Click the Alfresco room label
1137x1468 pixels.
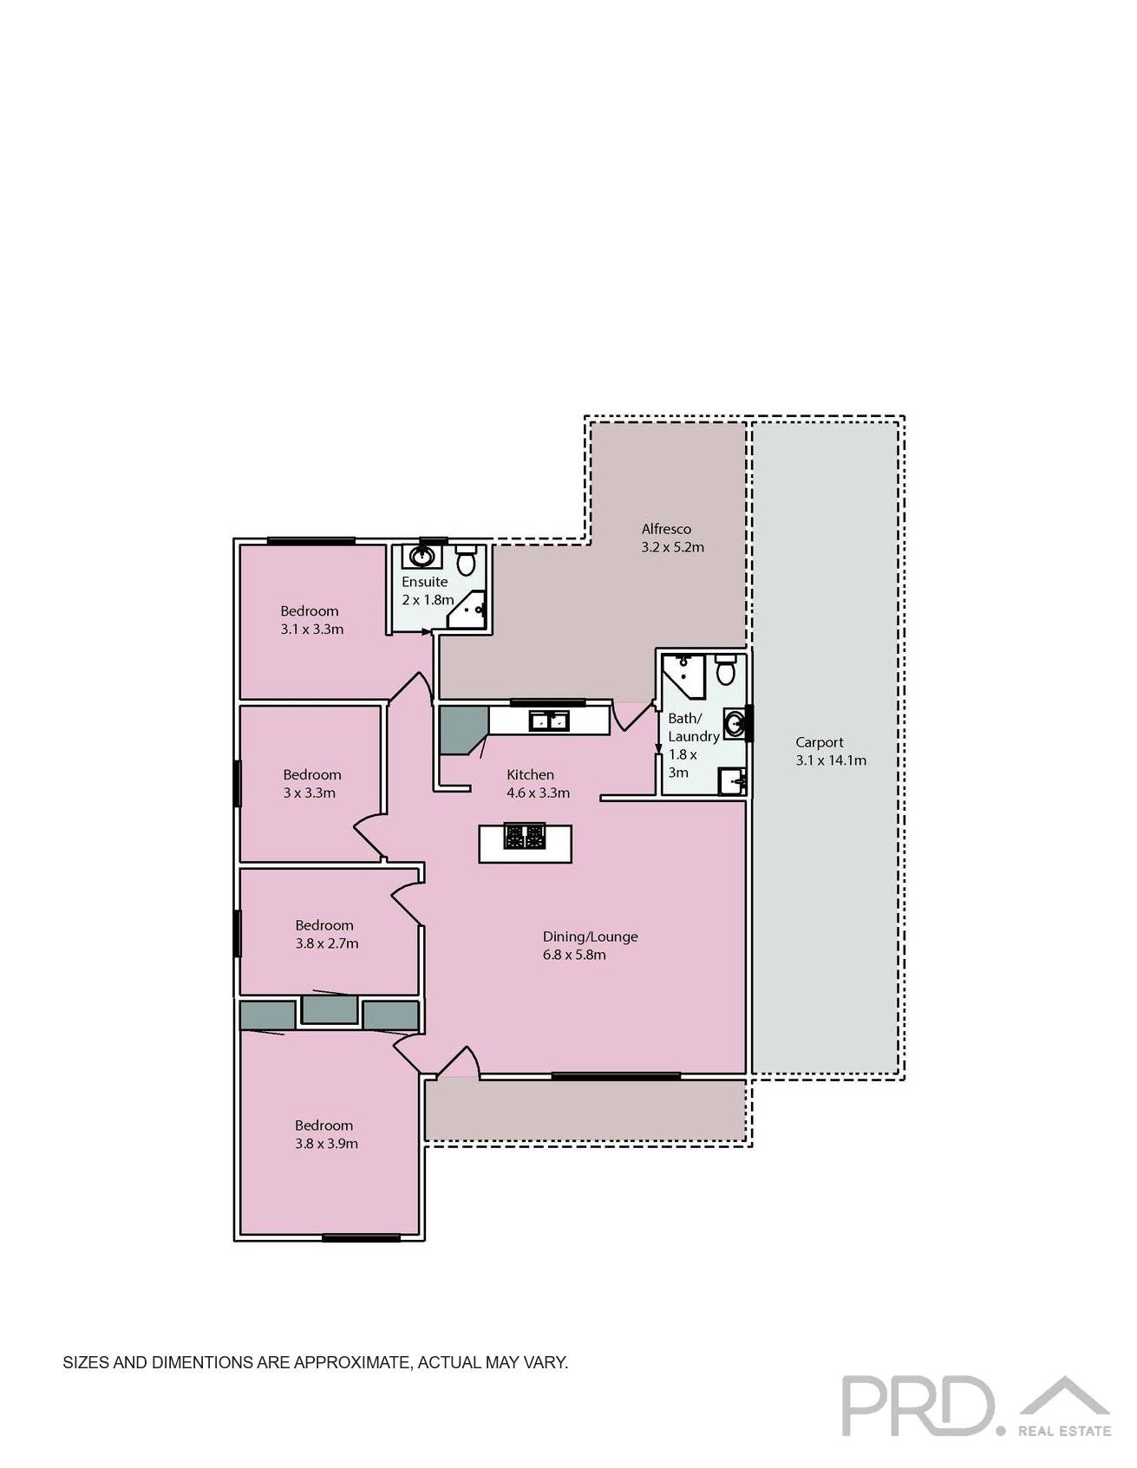[666, 529]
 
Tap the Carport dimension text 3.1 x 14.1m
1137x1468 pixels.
[830, 760]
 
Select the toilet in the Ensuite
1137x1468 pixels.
[467, 561]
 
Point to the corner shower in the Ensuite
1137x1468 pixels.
[469, 610]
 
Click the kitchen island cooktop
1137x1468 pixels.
[525, 837]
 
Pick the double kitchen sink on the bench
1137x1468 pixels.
[549, 720]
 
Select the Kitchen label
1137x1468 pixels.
[530, 774]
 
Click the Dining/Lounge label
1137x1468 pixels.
[590, 936]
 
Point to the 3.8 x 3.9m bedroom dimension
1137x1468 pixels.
[326, 1144]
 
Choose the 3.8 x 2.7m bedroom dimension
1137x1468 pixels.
[326, 943]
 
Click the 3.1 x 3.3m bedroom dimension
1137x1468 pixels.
[311, 630]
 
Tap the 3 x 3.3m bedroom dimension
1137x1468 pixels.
[309, 793]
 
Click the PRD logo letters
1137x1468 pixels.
[918, 1406]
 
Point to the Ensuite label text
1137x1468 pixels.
[424, 582]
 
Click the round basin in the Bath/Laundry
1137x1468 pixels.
[734, 723]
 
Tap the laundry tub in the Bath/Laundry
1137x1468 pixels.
[732, 781]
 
